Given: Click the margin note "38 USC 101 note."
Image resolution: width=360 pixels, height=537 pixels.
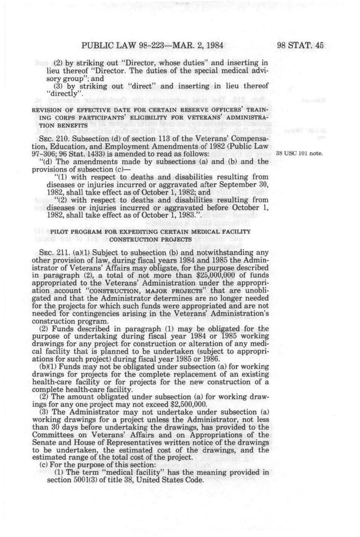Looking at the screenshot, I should pyautogui.click(x=299, y=154).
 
